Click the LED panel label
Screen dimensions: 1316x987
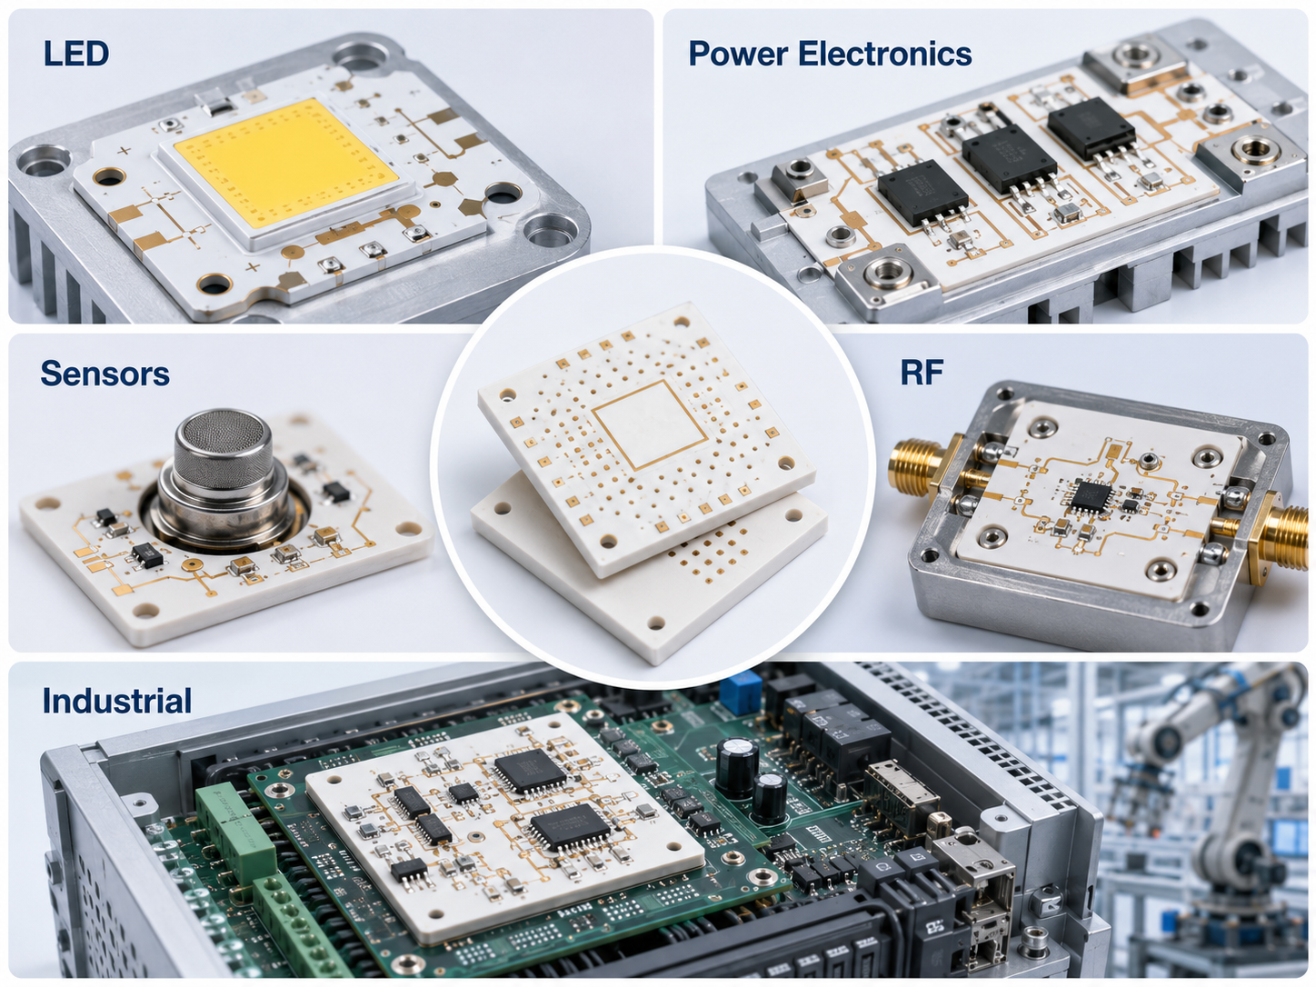pos(76,53)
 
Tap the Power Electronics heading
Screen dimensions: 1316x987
pos(830,54)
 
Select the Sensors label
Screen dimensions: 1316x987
pos(105,374)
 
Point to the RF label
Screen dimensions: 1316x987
pos(922,372)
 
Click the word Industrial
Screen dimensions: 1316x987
pos(117,700)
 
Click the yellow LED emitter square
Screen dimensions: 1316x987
pos(286,163)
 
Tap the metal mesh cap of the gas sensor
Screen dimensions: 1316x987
pos(223,446)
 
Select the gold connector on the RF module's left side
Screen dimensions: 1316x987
pos(922,468)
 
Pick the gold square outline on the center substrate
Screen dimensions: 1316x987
pos(650,424)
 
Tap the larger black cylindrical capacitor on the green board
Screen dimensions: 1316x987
pos(737,767)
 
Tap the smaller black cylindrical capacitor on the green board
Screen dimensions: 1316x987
pos(769,798)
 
